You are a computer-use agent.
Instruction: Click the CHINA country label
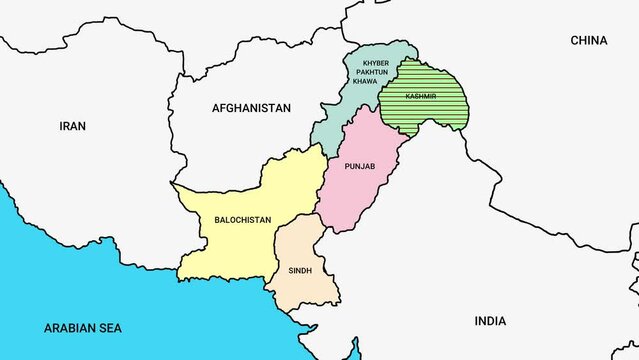tap(589, 41)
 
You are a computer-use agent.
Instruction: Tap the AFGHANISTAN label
tap(251, 107)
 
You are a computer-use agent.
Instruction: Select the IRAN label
tap(73, 126)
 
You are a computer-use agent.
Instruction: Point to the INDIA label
tap(490, 321)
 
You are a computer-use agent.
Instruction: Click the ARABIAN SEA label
tap(83, 327)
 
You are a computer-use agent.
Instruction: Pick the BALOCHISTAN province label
tap(242, 219)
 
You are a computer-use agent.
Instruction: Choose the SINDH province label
tap(300, 270)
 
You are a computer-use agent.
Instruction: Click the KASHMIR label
tap(421, 96)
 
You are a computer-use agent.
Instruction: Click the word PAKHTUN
tap(364, 72)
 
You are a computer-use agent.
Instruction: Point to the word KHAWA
tap(364, 81)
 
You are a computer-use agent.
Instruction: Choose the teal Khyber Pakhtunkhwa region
tap(335, 125)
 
